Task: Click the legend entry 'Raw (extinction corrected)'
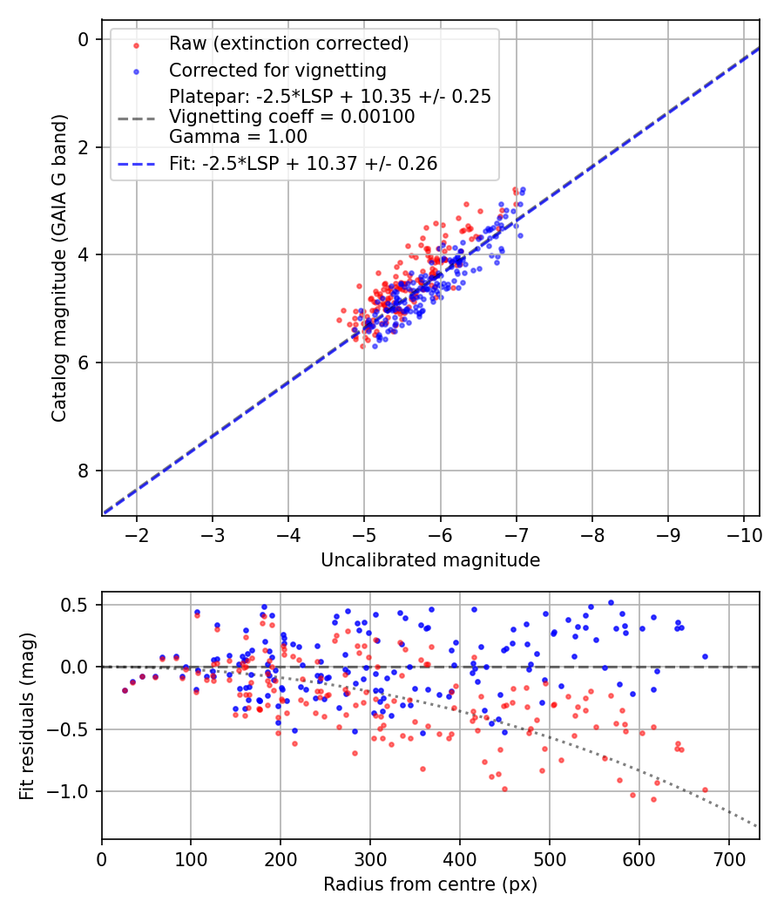pos(288,44)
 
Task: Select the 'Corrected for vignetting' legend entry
pos(277,70)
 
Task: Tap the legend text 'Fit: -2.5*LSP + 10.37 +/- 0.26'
pos(303,163)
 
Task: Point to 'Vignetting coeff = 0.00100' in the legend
pos(292,116)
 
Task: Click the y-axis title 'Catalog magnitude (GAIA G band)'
pos(58,266)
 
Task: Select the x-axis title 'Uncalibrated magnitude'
pos(430,560)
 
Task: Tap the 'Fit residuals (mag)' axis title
pos(26,715)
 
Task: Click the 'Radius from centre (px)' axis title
pos(430,884)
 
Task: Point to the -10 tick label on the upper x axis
pos(743,533)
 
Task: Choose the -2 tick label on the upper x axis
pos(137,533)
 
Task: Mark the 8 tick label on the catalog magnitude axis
pos(84,471)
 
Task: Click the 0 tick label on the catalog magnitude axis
pos(84,39)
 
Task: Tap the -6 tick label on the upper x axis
pos(440,533)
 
